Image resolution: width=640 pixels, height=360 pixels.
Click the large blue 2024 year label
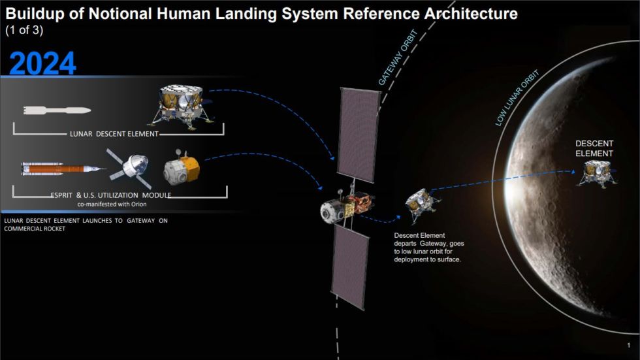[x=43, y=63]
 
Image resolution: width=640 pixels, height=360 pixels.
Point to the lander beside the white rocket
[x=182, y=105]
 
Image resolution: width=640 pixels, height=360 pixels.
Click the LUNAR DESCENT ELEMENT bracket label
[x=114, y=134]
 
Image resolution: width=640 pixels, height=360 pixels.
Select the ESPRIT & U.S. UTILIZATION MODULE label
[x=111, y=195]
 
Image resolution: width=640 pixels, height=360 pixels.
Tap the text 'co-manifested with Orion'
[x=111, y=204]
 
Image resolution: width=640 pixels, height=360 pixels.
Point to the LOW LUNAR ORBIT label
[x=518, y=98]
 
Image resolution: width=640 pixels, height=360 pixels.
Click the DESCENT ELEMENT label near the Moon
[x=594, y=148]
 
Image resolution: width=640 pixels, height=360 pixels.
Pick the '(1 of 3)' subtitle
[x=24, y=30]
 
